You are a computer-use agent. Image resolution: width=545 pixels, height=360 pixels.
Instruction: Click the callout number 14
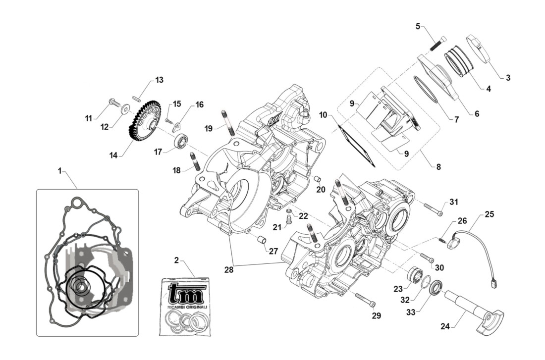pos(113,154)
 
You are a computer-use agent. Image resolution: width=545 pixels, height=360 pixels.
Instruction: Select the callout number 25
pos(490,214)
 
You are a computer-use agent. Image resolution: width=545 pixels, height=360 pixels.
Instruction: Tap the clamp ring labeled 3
pos(479,50)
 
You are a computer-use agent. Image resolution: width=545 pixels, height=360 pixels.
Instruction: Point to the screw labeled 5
pos(438,44)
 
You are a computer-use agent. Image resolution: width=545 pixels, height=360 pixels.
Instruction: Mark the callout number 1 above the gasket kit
pos(59,170)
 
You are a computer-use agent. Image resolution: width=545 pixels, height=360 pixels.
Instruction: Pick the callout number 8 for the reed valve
pos(438,167)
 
